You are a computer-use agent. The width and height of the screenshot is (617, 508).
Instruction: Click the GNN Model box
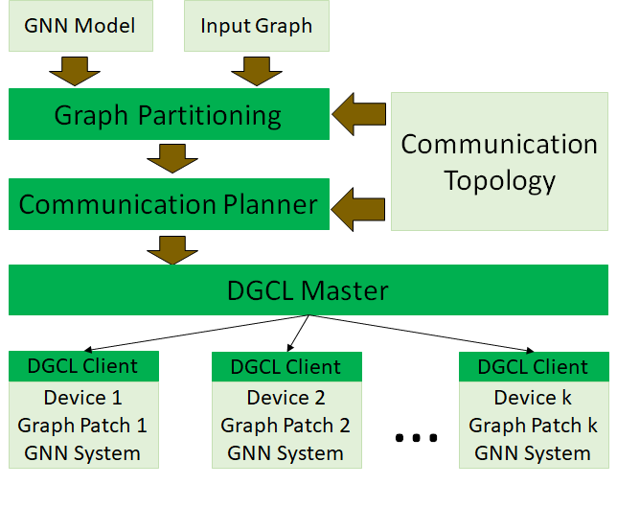coord(80,26)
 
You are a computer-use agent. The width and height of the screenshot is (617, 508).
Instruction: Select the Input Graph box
coord(257,26)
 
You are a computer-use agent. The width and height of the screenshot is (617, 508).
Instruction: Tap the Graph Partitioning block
coord(169,114)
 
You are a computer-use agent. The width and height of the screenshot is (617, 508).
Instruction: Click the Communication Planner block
coord(169,204)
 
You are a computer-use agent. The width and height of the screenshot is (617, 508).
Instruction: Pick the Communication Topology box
coord(499,161)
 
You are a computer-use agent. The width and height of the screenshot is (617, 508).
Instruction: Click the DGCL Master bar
coord(308,289)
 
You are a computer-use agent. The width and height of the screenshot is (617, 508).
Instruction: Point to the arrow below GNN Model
coord(75,71)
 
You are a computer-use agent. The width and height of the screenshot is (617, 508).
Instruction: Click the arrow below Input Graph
coord(257,71)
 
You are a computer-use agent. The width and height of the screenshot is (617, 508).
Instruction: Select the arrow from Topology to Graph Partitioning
coord(359,114)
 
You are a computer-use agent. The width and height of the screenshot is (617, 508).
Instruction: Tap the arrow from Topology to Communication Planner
coord(358,209)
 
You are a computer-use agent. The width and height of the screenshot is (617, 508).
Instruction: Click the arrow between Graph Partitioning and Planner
coord(172,158)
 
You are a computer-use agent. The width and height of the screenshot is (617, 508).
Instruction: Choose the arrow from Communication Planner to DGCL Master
coord(172,250)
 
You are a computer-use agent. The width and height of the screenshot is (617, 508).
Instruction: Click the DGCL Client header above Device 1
coord(83,366)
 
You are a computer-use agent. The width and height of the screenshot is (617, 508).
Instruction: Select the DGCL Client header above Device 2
coord(286,367)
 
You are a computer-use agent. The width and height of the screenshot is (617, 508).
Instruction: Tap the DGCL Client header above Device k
coord(534,367)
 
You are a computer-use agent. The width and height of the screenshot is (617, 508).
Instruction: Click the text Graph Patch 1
coord(82,426)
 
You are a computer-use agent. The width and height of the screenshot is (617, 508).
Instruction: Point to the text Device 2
coord(286,398)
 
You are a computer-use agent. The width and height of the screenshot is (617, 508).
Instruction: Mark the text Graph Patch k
coord(534,426)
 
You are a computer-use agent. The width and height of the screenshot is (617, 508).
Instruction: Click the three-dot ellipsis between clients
coord(417,437)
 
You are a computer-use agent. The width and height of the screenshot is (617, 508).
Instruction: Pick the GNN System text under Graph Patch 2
coord(286,453)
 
